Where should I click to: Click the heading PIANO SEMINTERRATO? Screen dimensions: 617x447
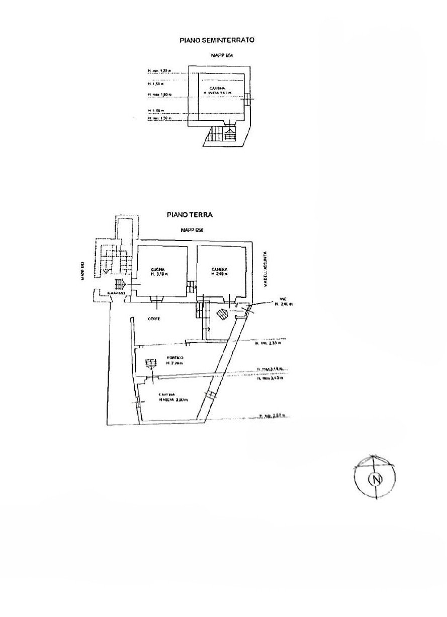pos(217,39)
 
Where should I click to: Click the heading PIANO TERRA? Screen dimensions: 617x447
pos(190,214)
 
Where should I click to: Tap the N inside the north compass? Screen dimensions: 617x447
pos(375,479)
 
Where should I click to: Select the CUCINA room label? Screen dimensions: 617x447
pos(158,270)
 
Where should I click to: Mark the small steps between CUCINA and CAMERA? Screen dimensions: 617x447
pos(192,287)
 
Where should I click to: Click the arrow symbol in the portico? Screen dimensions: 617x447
pos(149,363)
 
